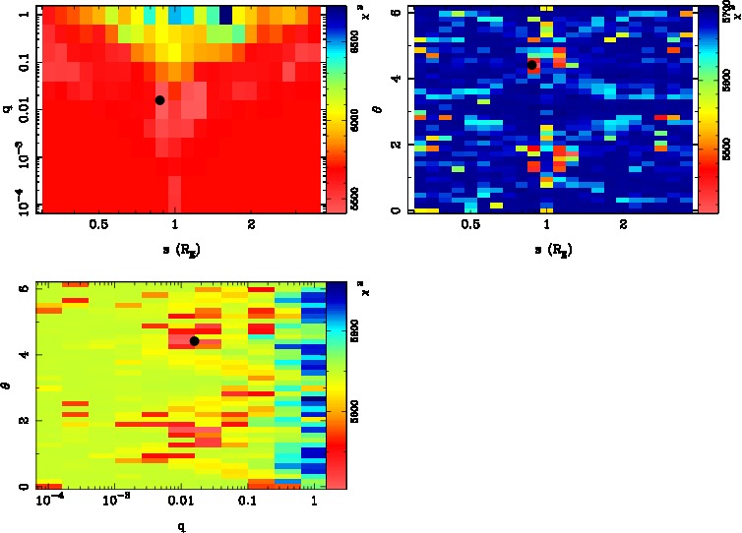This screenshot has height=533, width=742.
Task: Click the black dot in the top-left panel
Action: [x=159, y=99]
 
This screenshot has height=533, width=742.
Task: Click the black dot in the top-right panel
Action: [x=531, y=65]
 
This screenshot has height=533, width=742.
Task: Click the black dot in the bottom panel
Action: [x=194, y=341]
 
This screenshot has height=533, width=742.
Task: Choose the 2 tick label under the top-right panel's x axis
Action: [x=624, y=224]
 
